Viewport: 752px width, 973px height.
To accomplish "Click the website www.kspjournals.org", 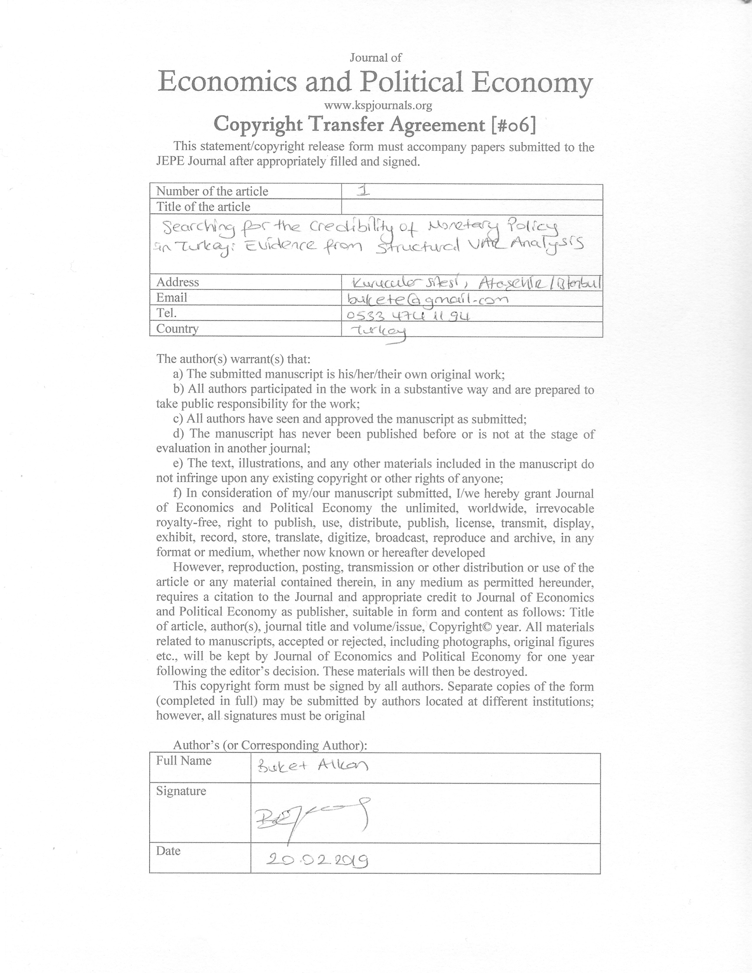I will click(378, 106).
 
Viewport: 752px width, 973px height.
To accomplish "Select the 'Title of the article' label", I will click(203, 207).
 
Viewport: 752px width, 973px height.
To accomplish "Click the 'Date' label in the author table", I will click(168, 851).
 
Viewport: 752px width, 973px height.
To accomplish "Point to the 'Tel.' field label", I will click(167, 313).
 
